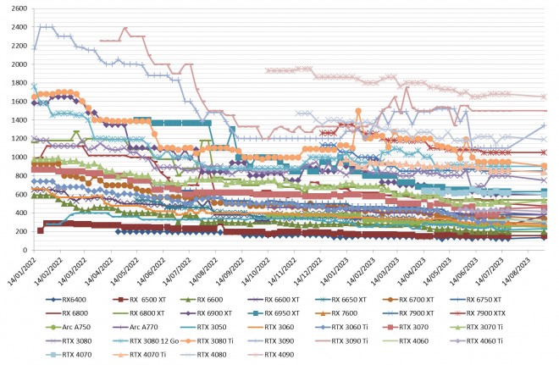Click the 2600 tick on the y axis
(16, 8)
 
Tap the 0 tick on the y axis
(24, 251)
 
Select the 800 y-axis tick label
(19, 176)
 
